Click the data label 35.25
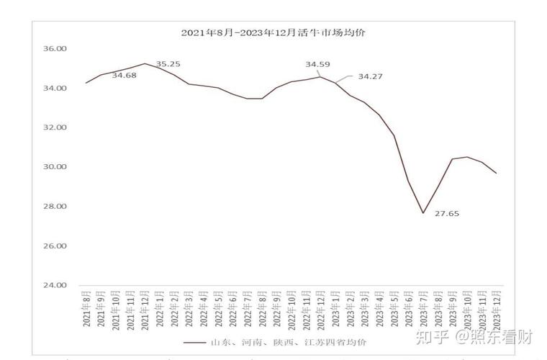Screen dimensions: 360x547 point(168,64)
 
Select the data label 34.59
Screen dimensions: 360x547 point(317,65)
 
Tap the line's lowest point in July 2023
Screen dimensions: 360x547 point(423,213)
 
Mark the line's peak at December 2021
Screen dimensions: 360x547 point(145,63)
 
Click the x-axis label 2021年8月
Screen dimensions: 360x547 point(86,310)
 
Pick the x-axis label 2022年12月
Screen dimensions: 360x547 point(321,310)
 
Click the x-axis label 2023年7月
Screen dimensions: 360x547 point(423,310)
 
